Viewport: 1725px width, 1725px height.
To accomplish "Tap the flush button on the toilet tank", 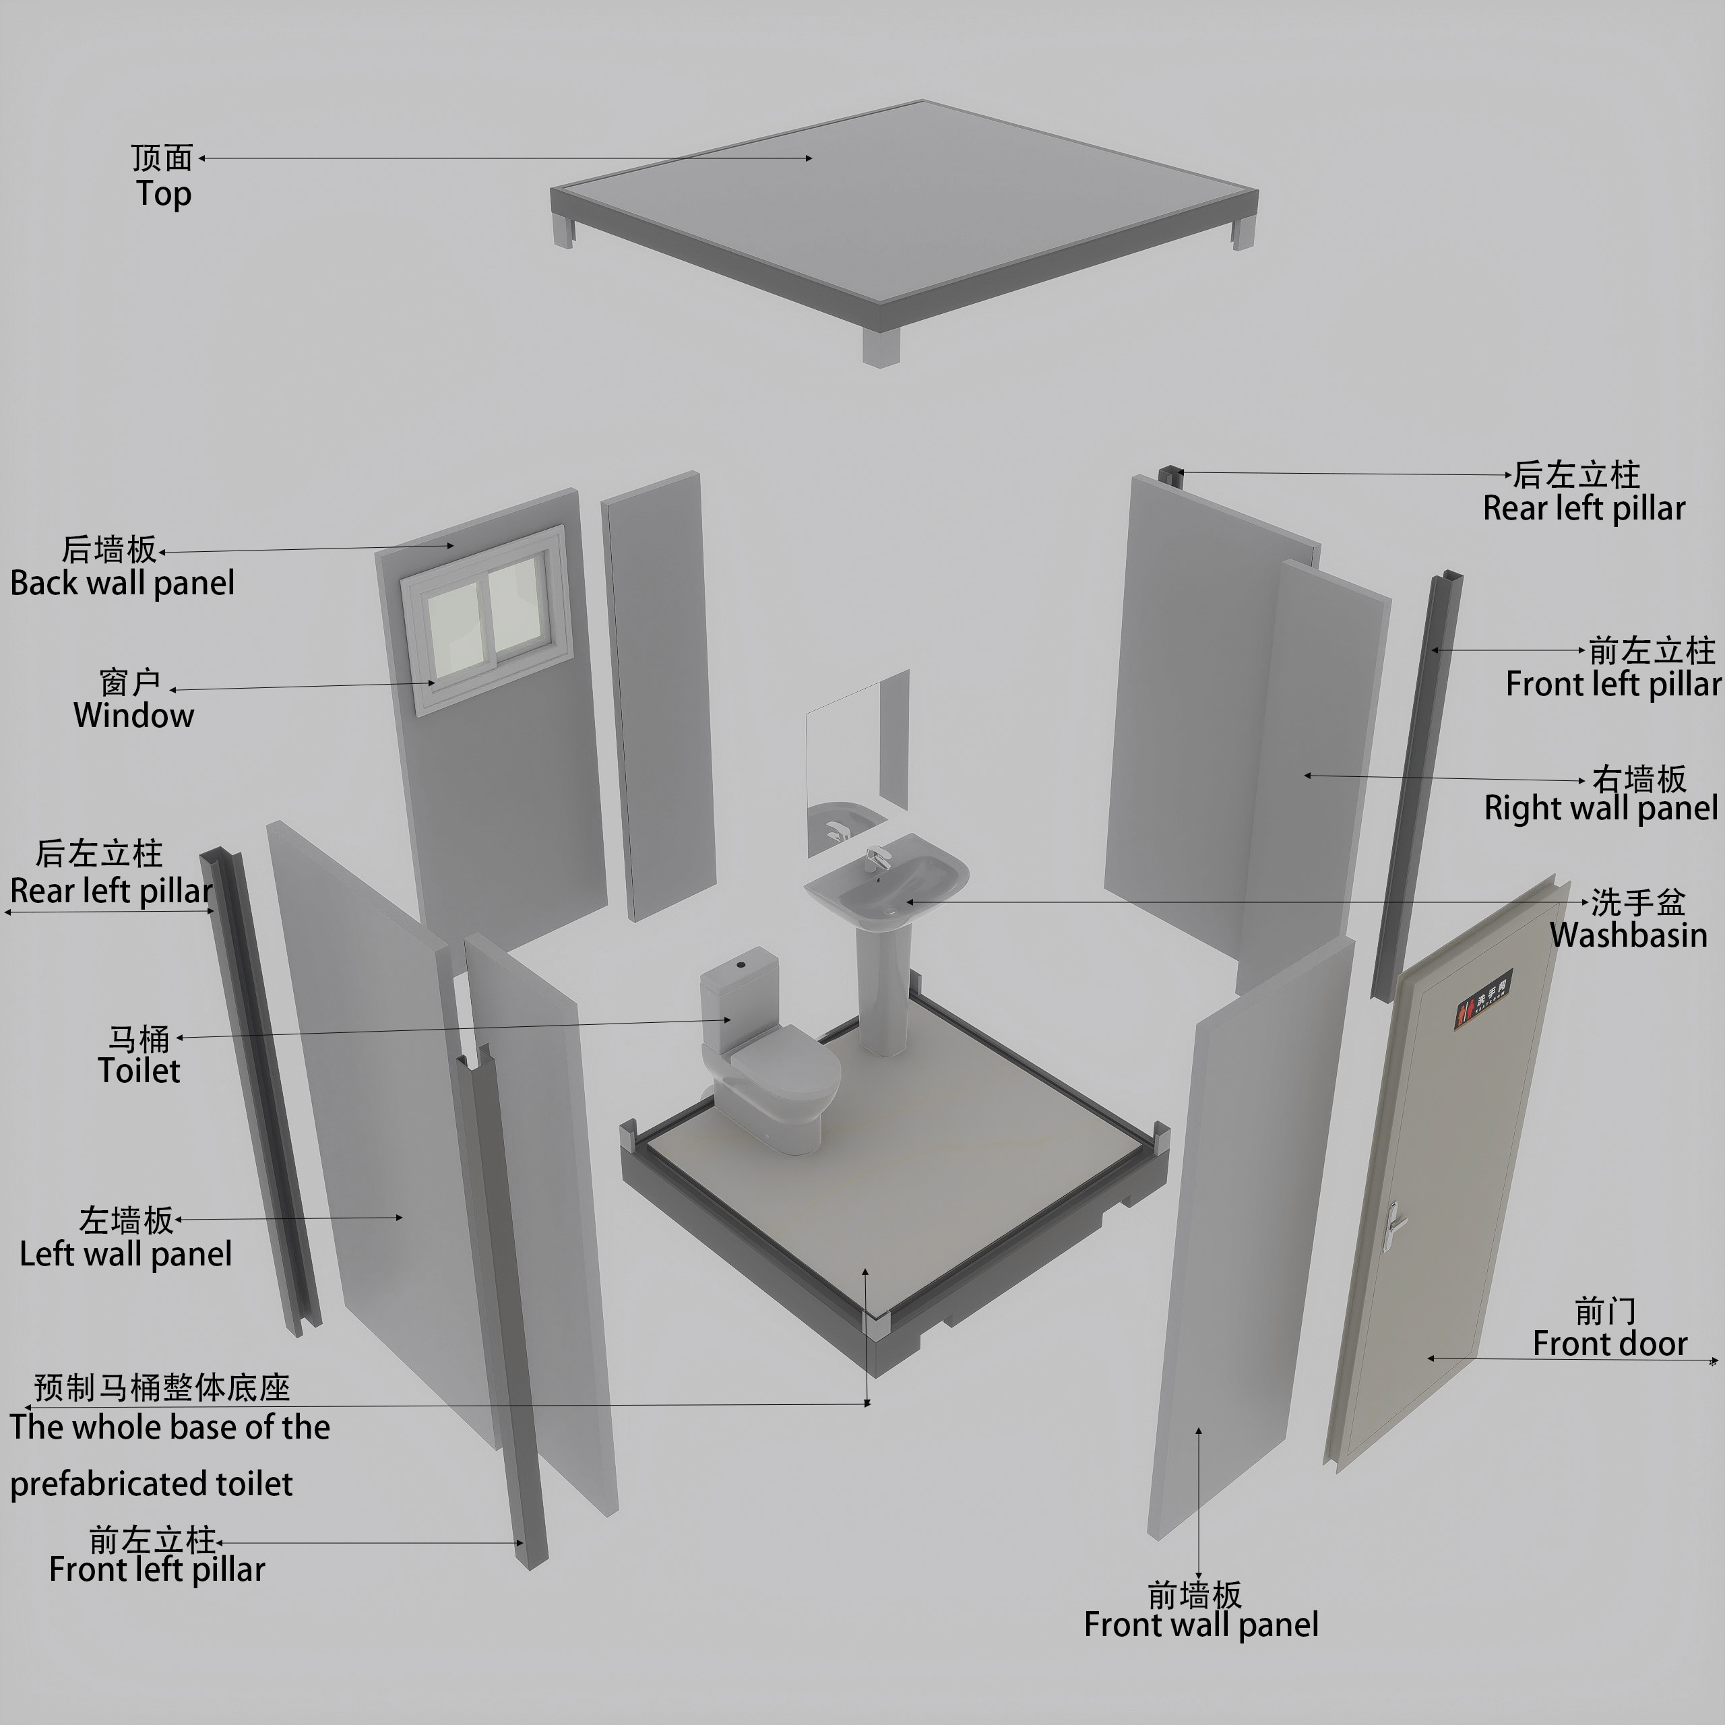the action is click(740, 965).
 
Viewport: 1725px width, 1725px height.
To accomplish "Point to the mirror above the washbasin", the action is click(856, 764).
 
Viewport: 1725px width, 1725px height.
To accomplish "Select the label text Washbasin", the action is click(1629, 935).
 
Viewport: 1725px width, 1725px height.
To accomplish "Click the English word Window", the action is click(134, 715).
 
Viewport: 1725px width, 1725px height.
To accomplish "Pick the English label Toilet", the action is click(139, 1071).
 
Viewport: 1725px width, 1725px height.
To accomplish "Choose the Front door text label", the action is click(1610, 1344).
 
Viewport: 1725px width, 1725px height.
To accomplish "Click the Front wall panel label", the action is click(1201, 1624).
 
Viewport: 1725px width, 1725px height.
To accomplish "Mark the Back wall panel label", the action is click(123, 583).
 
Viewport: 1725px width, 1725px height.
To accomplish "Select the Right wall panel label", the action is click(1601, 808).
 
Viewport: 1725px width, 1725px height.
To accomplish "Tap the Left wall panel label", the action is click(126, 1253).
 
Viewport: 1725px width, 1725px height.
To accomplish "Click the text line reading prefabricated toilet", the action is click(151, 1484).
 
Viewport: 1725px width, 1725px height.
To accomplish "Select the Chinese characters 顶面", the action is click(162, 158).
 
